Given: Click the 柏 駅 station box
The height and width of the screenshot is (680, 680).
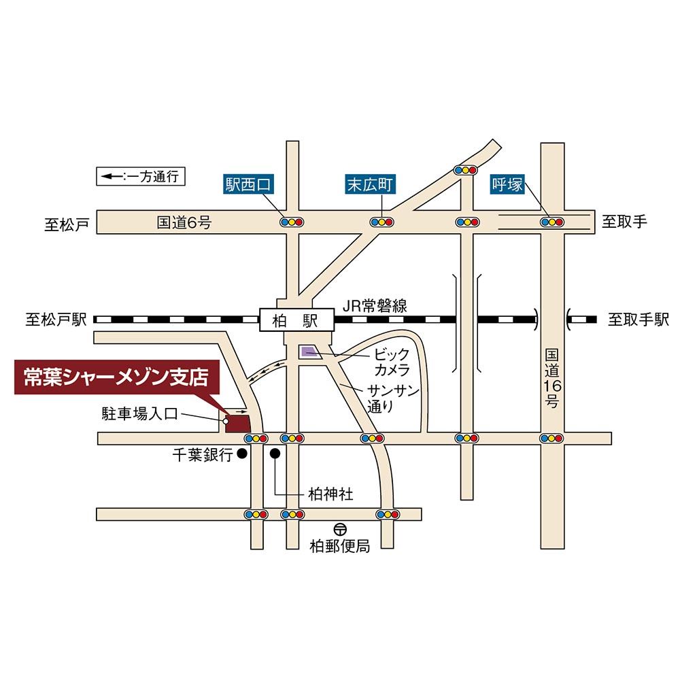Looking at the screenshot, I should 296,319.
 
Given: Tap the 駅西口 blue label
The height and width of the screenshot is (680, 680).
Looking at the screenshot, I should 248,184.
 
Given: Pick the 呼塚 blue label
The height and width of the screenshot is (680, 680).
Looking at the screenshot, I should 508,184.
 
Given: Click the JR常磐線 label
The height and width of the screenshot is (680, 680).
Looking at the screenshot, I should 375,306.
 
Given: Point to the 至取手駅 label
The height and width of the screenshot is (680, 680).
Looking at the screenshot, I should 639,320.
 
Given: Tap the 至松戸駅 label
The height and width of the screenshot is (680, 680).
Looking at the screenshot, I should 56,320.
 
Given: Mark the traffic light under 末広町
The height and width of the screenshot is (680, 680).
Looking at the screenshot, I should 381,222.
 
